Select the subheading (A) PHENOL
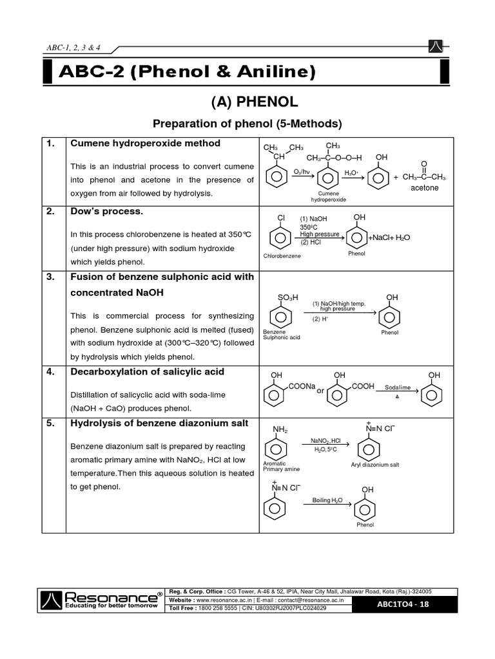click(x=247, y=102)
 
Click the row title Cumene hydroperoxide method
click(x=145, y=144)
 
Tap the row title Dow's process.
click(x=106, y=212)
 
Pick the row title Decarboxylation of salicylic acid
click(x=147, y=372)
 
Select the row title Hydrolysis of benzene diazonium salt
click(x=159, y=422)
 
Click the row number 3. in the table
click(x=50, y=277)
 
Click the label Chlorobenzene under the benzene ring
click(x=282, y=255)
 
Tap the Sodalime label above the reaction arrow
click(x=397, y=388)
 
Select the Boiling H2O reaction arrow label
click(x=328, y=500)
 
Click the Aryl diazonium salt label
click(x=374, y=464)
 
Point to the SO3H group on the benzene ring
click(x=287, y=297)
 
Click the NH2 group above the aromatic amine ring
click(x=280, y=429)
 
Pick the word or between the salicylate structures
click(x=320, y=391)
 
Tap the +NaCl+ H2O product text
click(x=389, y=238)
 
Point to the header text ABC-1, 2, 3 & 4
click(x=74, y=48)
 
